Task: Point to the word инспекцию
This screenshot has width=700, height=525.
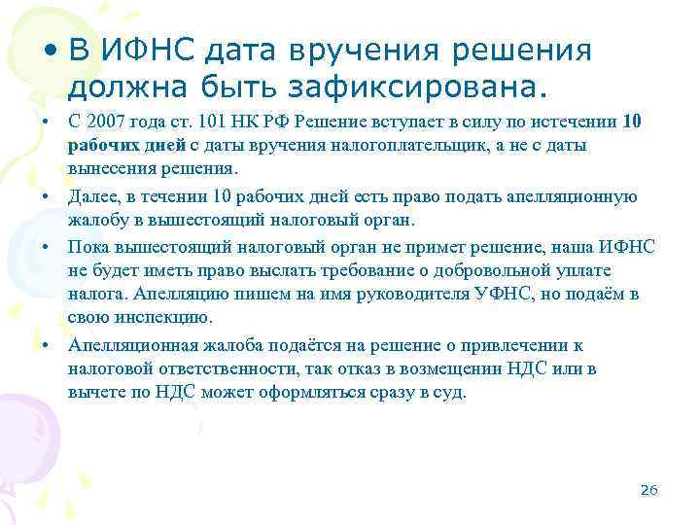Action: point(155,317)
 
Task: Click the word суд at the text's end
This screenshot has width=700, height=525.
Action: point(452,392)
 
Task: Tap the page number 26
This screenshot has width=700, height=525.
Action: point(650,490)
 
